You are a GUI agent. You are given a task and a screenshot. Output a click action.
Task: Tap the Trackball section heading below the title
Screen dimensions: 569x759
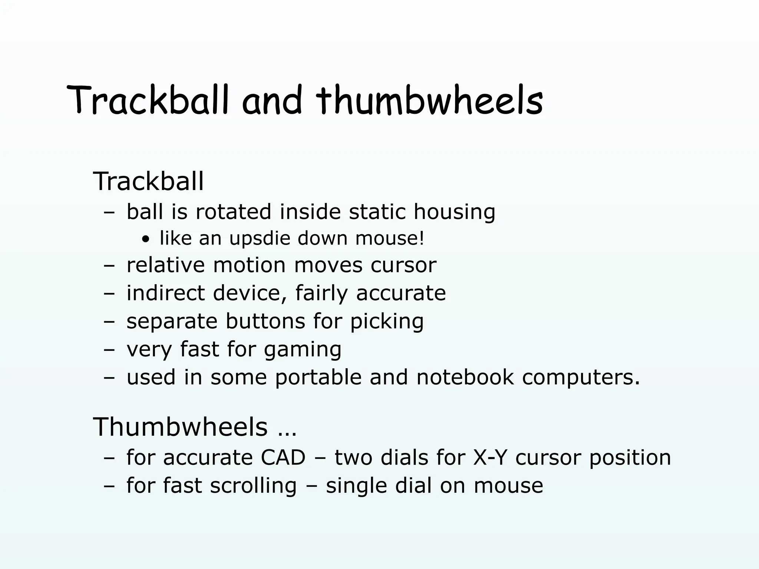[x=148, y=182]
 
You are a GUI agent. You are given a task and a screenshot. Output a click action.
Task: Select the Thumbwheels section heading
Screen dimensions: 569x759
[x=180, y=427]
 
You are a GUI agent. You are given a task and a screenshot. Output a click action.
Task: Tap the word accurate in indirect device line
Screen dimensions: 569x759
[x=401, y=293]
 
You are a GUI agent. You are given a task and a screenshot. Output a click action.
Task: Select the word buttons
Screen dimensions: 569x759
[x=265, y=321]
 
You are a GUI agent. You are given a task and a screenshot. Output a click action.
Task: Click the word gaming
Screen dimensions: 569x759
[x=302, y=349]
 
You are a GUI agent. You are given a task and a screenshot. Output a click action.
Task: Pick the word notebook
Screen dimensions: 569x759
[x=465, y=377]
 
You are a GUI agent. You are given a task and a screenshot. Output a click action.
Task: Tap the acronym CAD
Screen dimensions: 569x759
[x=283, y=457]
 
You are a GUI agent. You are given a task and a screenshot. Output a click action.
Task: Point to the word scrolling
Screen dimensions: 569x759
[x=253, y=486]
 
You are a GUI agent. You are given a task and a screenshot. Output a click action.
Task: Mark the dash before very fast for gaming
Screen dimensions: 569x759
[x=109, y=350]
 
